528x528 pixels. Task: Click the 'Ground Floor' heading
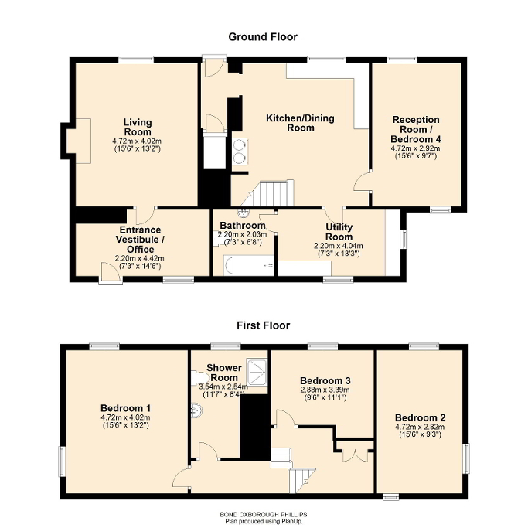(262, 36)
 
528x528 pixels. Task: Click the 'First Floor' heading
(263, 325)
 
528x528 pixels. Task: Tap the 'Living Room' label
(137, 127)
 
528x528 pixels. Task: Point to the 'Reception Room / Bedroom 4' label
(416, 129)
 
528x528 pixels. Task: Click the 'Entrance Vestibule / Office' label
(140, 235)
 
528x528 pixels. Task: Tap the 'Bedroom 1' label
(125, 408)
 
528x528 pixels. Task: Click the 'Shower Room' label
(224, 373)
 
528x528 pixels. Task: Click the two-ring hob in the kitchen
(239, 151)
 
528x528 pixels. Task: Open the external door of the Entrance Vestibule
(111, 274)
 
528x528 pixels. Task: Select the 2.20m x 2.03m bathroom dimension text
(242, 234)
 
